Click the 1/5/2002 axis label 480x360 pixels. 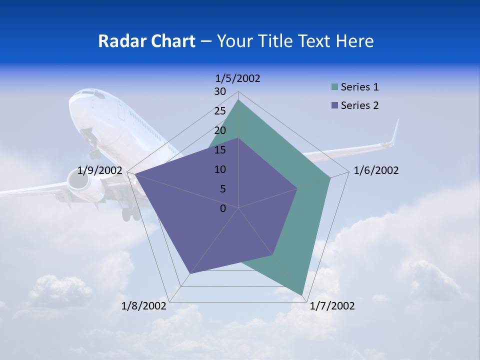point(238,78)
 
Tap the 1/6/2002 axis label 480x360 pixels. point(376,170)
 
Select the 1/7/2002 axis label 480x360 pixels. point(332,306)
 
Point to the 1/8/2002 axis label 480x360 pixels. point(144,306)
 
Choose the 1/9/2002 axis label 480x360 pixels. point(100,170)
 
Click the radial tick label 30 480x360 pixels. point(220,91)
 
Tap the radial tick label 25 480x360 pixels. point(220,111)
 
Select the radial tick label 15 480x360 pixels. point(220,150)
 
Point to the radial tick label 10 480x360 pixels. point(220,169)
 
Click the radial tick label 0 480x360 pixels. point(223,208)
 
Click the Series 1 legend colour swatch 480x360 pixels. point(334,87)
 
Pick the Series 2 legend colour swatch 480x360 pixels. point(334,105)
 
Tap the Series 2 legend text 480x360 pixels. point(359,105)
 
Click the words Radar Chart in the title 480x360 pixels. point(146,41)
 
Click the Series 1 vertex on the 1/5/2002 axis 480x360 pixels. point(238,100)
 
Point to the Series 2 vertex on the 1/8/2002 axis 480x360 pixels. point(190,273)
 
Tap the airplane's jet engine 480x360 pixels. point(80,183)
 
